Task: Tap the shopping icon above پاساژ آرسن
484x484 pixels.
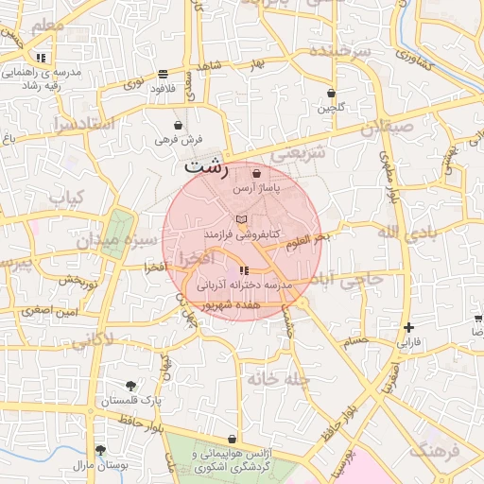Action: tap(257, 174)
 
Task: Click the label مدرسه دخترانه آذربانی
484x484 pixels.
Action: tap(246, 284)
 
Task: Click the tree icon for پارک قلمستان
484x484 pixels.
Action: tap(130, 386)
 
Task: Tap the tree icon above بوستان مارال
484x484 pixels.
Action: tap(100, 450)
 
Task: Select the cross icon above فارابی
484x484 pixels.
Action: tap(408, 327)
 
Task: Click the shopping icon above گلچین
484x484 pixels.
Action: tap(331, 93)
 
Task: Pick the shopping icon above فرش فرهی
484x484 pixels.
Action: tap(179, 125)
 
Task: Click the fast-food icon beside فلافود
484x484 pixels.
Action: tap(164, 74)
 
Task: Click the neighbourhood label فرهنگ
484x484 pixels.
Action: tap(440, 450)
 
